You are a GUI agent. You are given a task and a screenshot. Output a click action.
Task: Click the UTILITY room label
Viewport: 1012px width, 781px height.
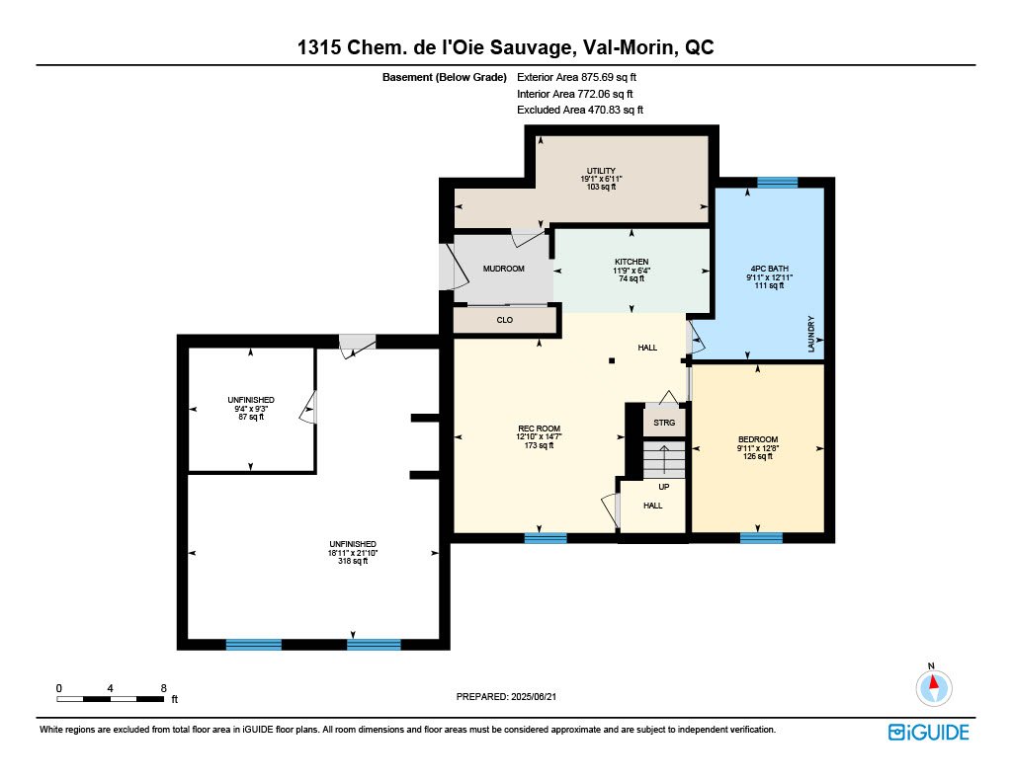coord(601,171)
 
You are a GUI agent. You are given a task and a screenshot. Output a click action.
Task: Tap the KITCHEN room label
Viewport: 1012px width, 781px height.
coord(632,262)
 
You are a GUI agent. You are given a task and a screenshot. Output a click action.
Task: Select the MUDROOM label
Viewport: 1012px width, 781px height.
coord(503,269)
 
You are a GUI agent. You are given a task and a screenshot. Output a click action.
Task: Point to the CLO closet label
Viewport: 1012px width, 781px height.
coord(505,320)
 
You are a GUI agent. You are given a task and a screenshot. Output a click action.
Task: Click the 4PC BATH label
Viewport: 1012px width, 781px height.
coord(769,269)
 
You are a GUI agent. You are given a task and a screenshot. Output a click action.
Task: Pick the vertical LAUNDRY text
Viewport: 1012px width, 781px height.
coord(811,334)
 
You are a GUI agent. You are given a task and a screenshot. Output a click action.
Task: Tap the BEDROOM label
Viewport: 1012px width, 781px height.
coord(758,439)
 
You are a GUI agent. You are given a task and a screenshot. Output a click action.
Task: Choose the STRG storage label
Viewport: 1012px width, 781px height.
coord(664,423)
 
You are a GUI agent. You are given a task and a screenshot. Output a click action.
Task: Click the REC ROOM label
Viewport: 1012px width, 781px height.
coord(539,429)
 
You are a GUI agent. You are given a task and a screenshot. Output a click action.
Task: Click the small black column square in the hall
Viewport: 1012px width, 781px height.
coord(612,361)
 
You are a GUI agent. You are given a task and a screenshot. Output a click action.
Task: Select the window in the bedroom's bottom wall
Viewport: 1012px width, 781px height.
coord(761,537)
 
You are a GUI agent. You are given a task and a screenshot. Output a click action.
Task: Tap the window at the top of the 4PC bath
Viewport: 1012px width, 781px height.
coord(777,182)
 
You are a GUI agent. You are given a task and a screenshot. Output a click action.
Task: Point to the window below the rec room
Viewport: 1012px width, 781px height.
coord(546,537)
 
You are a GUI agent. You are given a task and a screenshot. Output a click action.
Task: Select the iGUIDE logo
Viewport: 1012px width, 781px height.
coord(928,732)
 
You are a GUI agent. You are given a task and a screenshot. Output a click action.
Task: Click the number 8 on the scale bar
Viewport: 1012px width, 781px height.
coord(164,688)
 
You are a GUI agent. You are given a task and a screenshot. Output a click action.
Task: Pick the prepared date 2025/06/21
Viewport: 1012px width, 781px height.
coord(533,696)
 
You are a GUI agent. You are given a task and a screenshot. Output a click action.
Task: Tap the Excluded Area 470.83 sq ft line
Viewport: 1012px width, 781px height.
coord(580,110)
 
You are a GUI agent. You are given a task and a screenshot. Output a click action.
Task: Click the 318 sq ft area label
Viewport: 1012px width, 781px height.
coord(353,561)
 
